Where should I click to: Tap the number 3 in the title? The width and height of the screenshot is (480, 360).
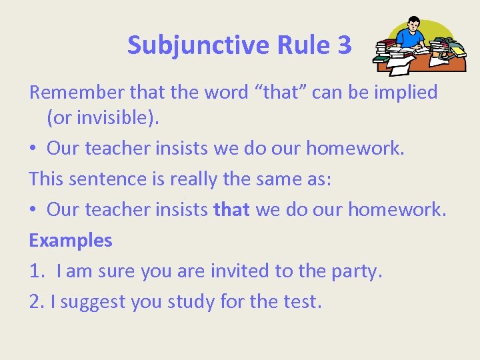[x=344, y=45]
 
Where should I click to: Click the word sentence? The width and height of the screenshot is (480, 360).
[x=113, y=179]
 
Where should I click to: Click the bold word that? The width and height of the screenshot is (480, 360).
[x=231, y=209]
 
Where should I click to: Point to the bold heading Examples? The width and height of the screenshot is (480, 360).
[x=71, y=240]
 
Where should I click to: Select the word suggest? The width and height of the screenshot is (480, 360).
[x=92, y=302]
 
